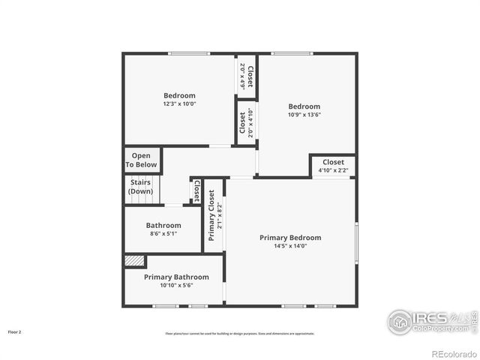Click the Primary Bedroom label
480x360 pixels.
pos(290,238)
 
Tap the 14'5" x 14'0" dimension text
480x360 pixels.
pos(290,246)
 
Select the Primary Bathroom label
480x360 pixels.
pos(176,277)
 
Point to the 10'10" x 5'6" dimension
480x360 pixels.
pos(176,285)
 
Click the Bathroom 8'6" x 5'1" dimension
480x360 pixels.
pos(163,234)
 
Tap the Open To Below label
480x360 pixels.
pos(141,160)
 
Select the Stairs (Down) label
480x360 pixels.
pos(140,187)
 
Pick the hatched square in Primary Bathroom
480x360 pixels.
pos(134,260)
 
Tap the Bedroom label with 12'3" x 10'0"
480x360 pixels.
pos(179,95)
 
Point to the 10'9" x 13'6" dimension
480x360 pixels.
pos(304,115)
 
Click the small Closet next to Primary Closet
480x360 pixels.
pos(196,192)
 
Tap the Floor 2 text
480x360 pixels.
pos(15,331)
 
